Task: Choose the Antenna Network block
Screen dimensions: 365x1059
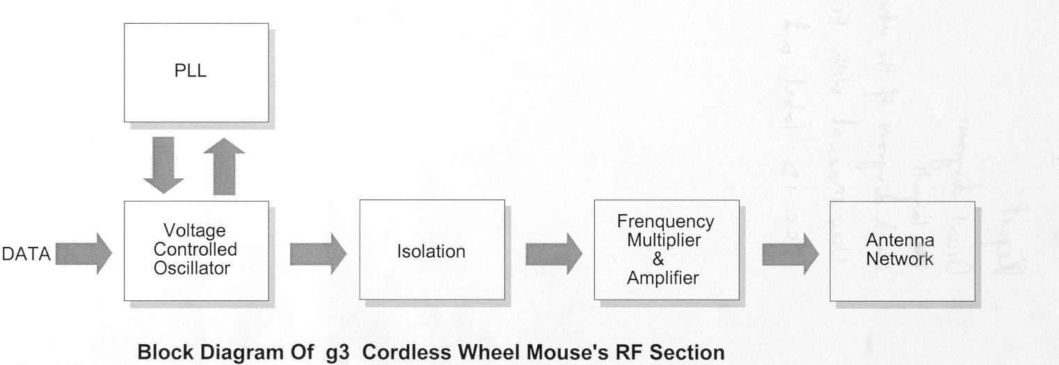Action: click(x=902, y=251)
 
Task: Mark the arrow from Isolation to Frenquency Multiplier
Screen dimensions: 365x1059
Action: click(x=553, y=251)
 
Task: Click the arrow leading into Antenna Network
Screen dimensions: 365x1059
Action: click(x=789, y=251)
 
